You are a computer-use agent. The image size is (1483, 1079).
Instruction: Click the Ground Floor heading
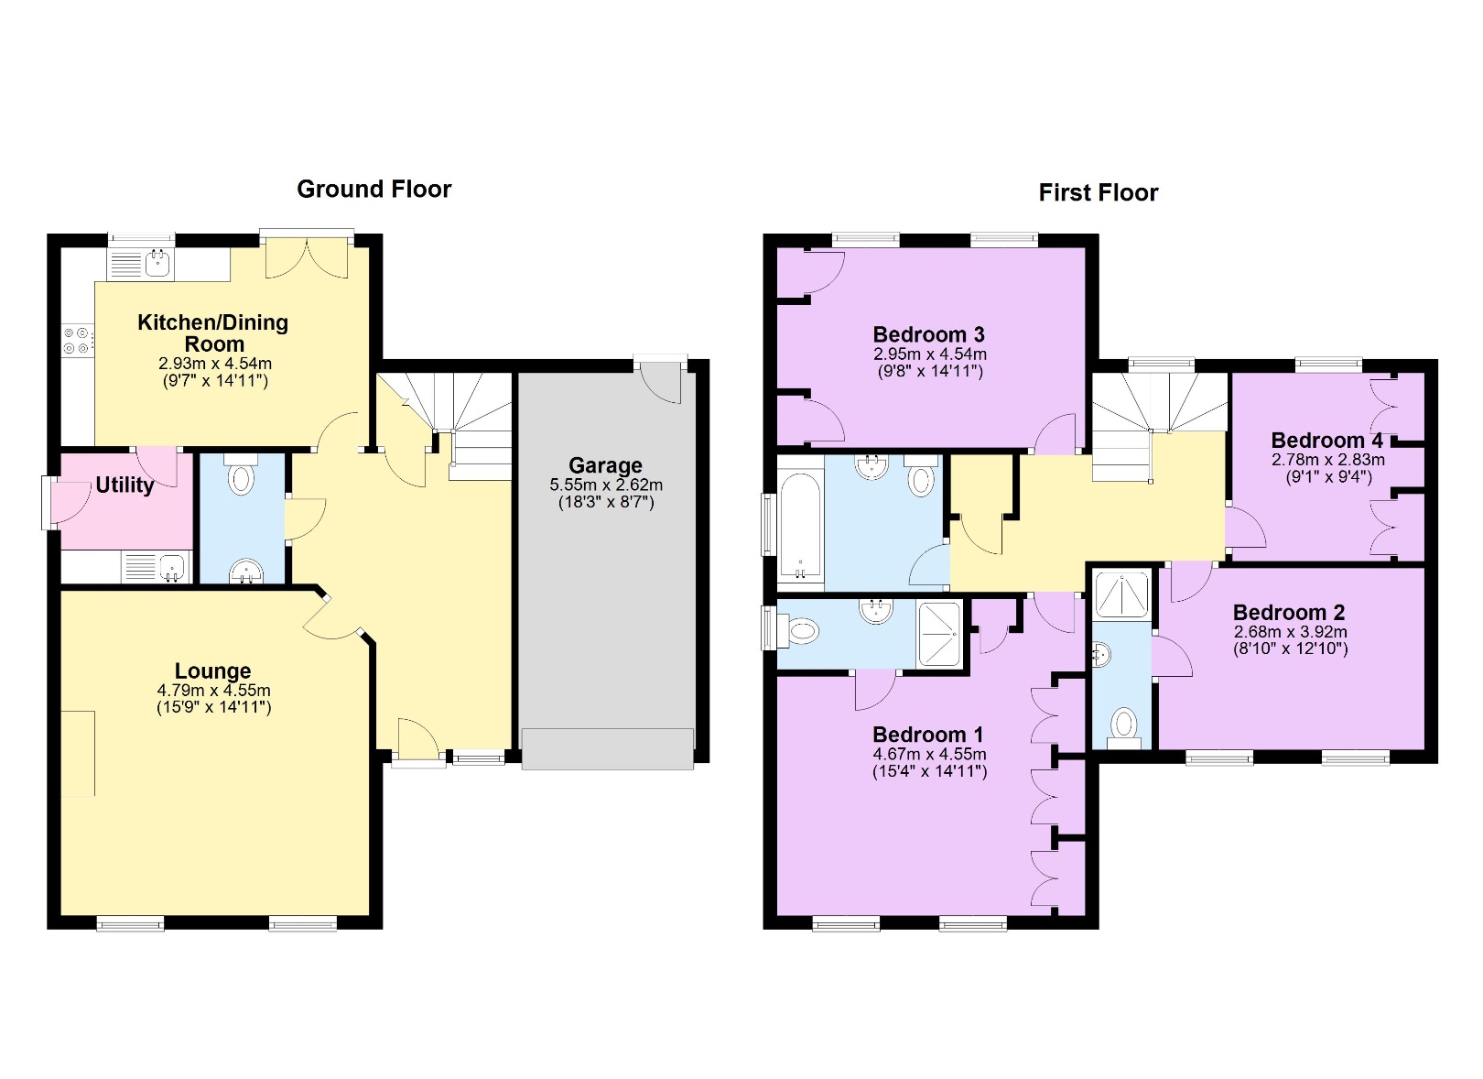click(x=373, y=190)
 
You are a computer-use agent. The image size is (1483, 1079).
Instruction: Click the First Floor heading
click(x=1098, y=193)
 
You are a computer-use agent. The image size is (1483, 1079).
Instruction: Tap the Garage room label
click(x=605, y=465)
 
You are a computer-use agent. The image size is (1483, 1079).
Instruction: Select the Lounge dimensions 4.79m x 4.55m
click(x=213, y=691)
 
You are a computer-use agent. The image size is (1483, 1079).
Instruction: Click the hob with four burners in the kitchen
click(x=76, y=341)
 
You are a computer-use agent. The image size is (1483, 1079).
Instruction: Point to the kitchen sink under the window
click(x=158, y=265)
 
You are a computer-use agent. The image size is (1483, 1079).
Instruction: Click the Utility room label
click(x=124, y=485)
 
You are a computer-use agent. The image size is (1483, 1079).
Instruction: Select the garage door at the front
click(x=607, y=748)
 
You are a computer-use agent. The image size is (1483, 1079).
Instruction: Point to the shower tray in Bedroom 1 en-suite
click(x=939, y=633)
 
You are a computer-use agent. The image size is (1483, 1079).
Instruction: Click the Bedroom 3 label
click(x=928, y=334)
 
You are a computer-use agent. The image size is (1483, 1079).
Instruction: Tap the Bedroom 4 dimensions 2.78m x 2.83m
click(x=1327, y=460)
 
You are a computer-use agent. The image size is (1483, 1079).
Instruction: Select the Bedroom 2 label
click(x=1288, y=613)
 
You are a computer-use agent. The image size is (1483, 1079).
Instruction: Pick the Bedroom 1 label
click(x=927, y=735)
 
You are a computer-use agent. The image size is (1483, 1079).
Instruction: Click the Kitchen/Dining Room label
click(x=213, y=333)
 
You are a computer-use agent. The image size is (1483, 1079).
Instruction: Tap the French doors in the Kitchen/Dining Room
click(x=307, y=257)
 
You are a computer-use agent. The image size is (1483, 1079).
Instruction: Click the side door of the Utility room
click(x=51, y=502)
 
